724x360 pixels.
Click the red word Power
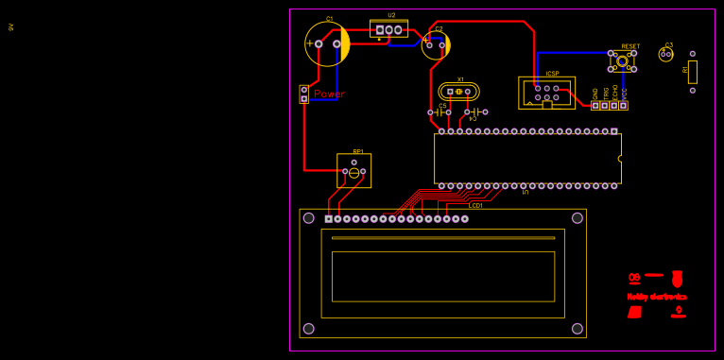click(330, 94)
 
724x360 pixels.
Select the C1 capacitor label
click(329, 19)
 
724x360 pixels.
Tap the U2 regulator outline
click(388, 29)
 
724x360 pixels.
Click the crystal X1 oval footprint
click(459, 92)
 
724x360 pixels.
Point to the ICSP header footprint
click(546, 93)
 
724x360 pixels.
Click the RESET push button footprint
click(622, 61)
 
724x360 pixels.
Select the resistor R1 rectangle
click(692, 72)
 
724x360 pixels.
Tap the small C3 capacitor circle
click(666, 55)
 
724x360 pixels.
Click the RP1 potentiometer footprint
click(353, 171)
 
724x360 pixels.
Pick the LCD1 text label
click(476, 205)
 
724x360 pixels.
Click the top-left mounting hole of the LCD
click(308, 218)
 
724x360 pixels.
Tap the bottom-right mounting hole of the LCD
click(577, 329)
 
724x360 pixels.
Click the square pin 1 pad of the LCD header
click(328, 219)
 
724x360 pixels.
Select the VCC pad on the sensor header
click(624, 105)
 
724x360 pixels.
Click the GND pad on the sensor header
click(595, 105)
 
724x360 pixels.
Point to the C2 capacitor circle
click(436, 45)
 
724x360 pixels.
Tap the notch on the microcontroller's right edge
click(620, 159)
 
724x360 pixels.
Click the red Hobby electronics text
click(657, 297)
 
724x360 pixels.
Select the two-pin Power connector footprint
click(303, 94)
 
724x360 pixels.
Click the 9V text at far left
click(10, 26)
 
